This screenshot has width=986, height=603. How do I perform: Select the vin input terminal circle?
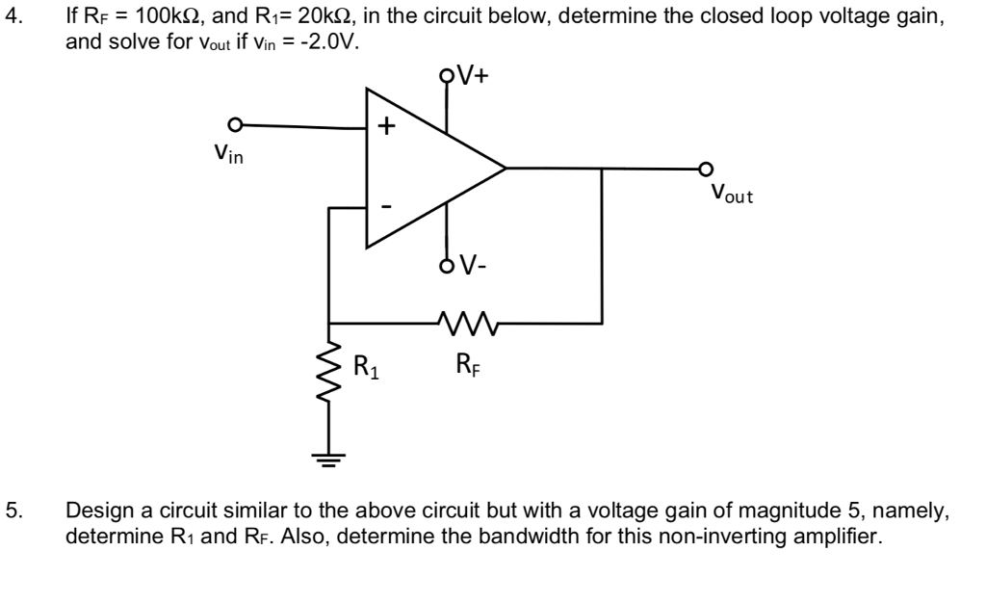tap(232, 125)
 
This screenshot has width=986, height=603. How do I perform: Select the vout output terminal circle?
tap(708, 168)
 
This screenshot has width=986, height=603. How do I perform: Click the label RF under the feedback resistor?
tap(465, 365)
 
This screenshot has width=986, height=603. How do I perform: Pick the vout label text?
tap(731, 196)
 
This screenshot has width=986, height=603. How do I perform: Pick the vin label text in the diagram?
tap(229, 153)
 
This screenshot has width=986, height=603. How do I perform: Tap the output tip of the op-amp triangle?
tap(505, 169)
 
